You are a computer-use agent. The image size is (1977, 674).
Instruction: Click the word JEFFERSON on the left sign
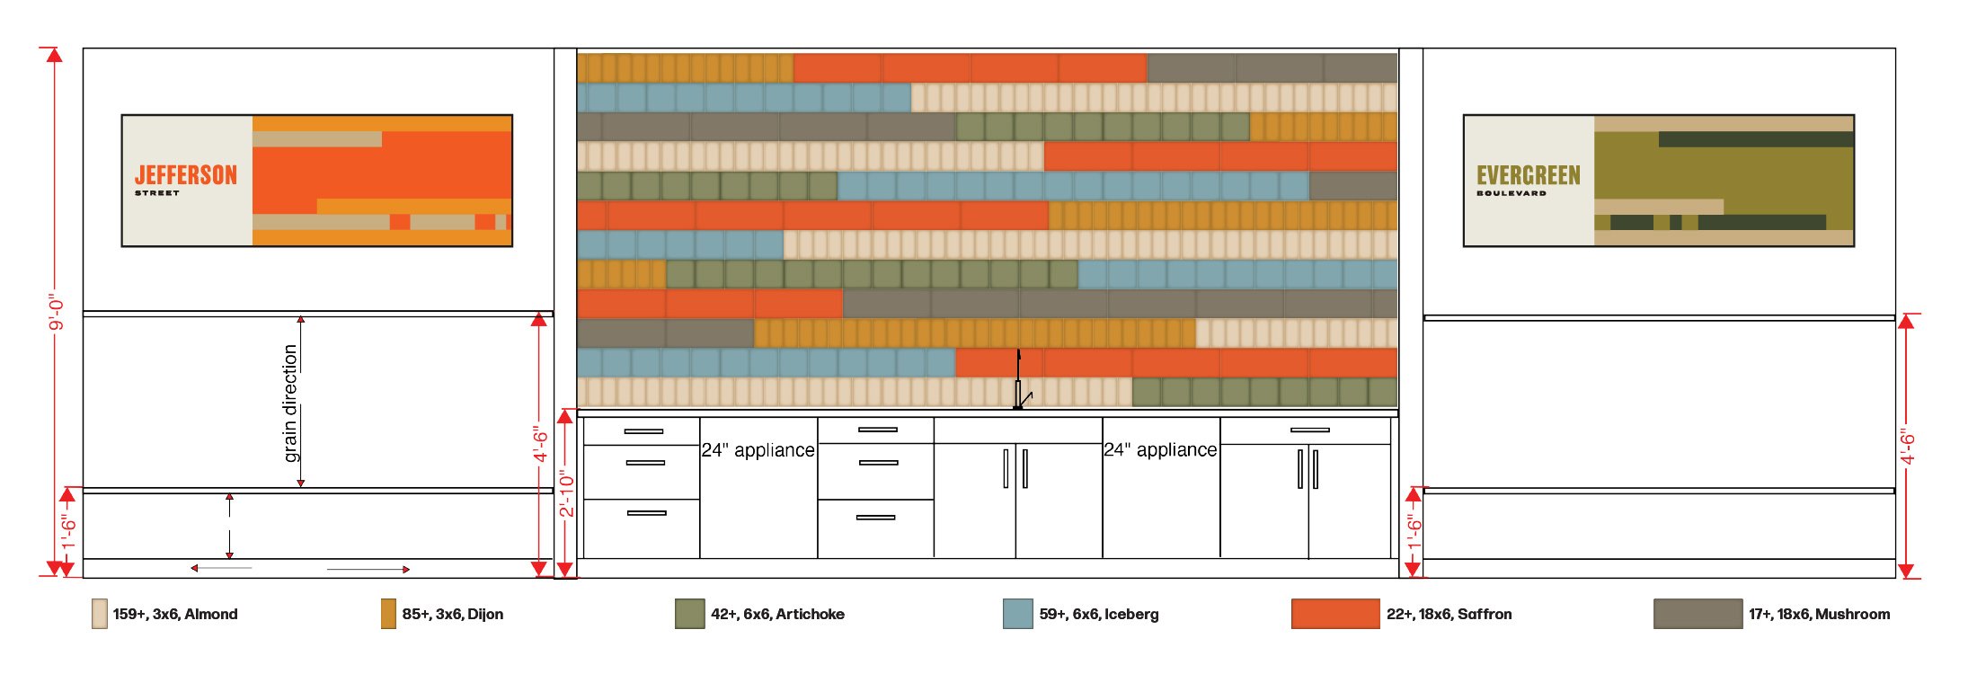186,174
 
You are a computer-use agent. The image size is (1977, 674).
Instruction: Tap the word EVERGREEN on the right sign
1528,174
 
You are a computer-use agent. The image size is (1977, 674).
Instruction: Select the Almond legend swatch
99,614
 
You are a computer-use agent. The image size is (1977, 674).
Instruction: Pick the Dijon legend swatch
388,614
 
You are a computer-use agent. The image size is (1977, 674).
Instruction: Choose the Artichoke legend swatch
689,614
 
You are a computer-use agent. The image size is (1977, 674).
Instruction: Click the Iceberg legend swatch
1017,614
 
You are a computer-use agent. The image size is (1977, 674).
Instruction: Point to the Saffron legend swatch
1335,614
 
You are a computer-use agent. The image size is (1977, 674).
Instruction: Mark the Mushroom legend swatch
1698,614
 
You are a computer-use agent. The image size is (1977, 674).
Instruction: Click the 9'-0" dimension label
56,312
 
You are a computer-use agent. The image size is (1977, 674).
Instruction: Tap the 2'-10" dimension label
566,493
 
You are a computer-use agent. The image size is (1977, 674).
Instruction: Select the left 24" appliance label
758,449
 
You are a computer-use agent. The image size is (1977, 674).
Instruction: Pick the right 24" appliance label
1160,449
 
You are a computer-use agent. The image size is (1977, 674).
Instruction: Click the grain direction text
289,404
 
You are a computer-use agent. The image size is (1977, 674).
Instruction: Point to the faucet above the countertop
1020,379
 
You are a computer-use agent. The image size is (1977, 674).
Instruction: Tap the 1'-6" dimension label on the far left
68,532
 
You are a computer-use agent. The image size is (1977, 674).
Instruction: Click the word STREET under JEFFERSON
157,193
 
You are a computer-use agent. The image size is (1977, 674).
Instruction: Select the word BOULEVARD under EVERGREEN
1512,193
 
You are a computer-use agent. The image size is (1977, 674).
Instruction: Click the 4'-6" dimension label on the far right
1907,447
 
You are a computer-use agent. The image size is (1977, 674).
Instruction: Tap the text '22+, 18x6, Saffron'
1449,614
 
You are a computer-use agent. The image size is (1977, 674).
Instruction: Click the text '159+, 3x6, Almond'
175,614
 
